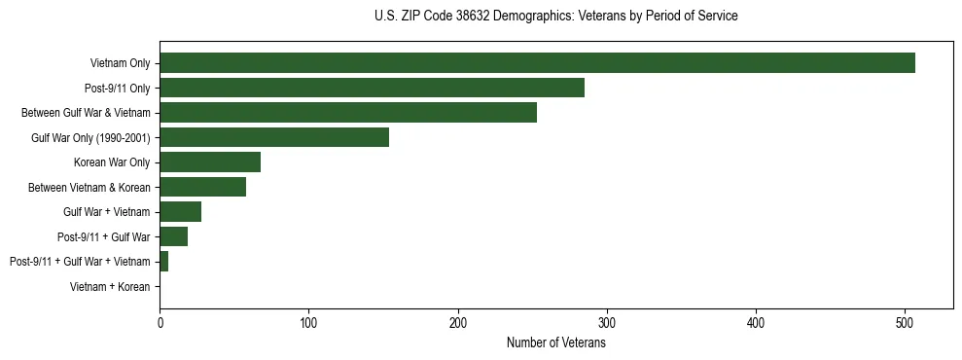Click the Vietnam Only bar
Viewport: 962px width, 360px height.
coord(537,63)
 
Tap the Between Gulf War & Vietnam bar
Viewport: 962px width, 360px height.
coord(348,113)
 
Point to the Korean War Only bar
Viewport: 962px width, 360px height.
coord(210,162)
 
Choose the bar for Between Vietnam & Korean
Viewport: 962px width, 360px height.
coord(202,187)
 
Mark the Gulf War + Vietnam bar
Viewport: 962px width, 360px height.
coord(180,211)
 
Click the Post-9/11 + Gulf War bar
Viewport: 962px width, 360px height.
coord(173,236)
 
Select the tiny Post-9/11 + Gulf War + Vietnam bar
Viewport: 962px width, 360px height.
coord(164,261)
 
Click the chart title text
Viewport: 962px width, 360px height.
coord(555,17)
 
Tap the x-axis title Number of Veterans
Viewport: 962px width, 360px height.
coord(555,343)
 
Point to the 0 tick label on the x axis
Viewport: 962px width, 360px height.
coord(160,323)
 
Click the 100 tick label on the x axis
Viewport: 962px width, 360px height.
coord(308,323)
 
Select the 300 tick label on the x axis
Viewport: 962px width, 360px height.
coord(607,323)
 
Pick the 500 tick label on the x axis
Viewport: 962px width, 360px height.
coord(905,323)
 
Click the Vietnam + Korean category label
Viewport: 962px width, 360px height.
coord(110,286)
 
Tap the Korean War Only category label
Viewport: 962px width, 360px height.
coord(112,162)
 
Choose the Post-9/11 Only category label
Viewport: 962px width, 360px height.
coord(117,88)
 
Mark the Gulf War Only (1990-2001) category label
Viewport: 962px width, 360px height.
coord(90,137)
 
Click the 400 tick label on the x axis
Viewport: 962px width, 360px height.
coord(756,323)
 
